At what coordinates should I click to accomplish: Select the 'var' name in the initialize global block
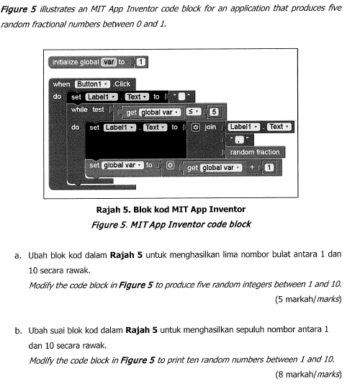[x=109, y=62]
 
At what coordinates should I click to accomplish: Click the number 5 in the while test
[x=214, y=112]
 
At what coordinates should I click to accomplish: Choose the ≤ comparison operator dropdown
[x=193, y=112]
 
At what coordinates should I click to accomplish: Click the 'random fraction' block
[x=254, y=152]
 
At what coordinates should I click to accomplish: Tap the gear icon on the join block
[x=196, y=127]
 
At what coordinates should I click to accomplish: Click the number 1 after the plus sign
[x=268, y=168]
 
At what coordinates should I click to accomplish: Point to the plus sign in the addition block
[x=253, y=168]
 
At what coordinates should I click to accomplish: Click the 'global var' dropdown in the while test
[x=152, y=112]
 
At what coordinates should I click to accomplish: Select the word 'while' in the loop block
[x=79, y=110]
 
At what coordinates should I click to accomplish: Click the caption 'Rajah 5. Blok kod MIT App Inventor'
[x=174, y=210]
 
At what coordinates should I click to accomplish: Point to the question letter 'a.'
[x=17, y=255]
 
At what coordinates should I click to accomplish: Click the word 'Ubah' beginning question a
[x=38, y=255]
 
